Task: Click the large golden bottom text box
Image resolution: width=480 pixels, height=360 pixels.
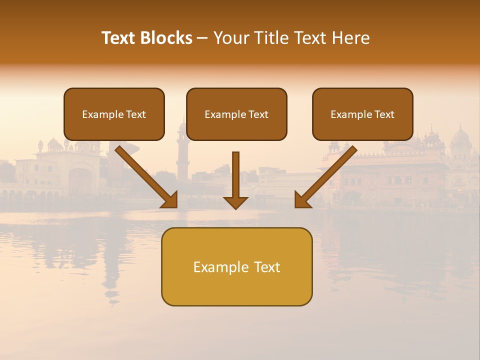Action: point(236,287)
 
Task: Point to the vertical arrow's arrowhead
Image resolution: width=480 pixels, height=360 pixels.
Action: point(235,202)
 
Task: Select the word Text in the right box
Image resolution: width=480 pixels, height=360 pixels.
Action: point(384,114)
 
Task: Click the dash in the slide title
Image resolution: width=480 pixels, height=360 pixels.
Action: point(202,38)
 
